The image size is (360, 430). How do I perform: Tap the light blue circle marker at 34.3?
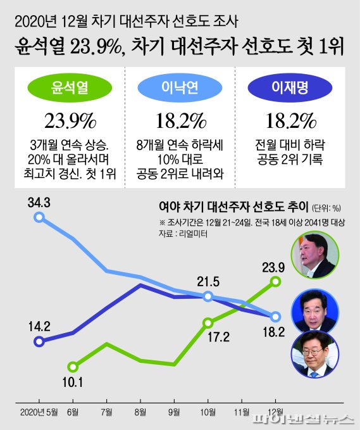pyautogui.click(x=39, y=217)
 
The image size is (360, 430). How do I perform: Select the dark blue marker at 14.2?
pyautogui.click(x=39, y=341)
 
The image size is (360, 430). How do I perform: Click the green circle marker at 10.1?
pyautogui.click(x=73, y=367)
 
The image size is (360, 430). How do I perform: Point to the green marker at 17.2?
pyautogui.click(x=208, y=322)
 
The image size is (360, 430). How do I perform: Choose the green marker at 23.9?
pyautogui.click(x=276, y=281)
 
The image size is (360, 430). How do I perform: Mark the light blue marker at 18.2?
pyautogui.click(x=276, y=317)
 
